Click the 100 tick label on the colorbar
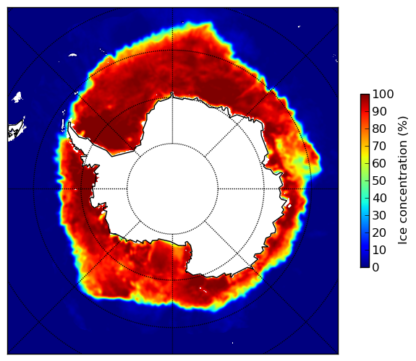(383, 94)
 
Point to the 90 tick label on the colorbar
(379, 111)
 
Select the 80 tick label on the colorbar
(379, 129)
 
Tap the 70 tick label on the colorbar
(379, 146)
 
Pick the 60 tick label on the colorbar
(379, 163)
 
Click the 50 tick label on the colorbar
(379, 181)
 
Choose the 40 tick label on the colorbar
(379, 198)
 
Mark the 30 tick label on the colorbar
(379, 216)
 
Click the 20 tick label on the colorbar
(379, 232)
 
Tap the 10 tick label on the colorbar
(379, 250)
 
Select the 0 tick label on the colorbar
(375, 268)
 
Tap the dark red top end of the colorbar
(365, 96)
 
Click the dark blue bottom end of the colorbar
(365, 266)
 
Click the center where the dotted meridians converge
(172, 189)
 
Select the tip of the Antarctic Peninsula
(69, 123)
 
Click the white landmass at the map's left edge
(17, 131)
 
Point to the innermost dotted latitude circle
(172, 144)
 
